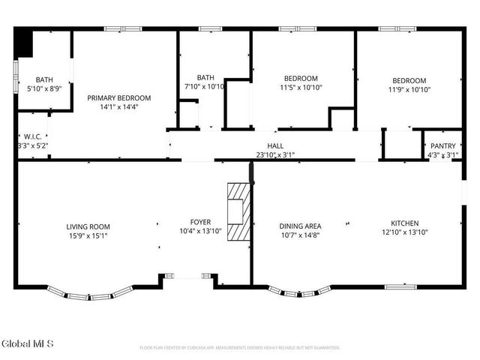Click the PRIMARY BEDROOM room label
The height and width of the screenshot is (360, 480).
tap(118, 97)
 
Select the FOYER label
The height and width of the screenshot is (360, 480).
tap(200, 222)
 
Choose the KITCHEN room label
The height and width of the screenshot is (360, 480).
tap(404, 223)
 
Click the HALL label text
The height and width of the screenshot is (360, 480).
tap(275, 146)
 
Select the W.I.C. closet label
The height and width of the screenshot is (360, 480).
tap(31, 136)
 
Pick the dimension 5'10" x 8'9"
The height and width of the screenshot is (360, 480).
tap(43, 88)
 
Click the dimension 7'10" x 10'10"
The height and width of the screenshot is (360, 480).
tap(205, 87)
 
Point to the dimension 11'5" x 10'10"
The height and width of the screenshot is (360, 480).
tap(301, 88)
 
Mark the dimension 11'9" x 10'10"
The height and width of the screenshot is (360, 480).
tap(409, 89)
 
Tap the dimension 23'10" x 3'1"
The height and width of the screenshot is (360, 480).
tap(275, 155)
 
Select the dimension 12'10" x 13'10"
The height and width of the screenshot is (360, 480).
tap(404, 232)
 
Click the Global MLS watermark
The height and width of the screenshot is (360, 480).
tap(28, 344)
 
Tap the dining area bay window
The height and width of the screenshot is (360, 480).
tap(297, 291)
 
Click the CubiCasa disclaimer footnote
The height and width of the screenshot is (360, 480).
tap(240, 348)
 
